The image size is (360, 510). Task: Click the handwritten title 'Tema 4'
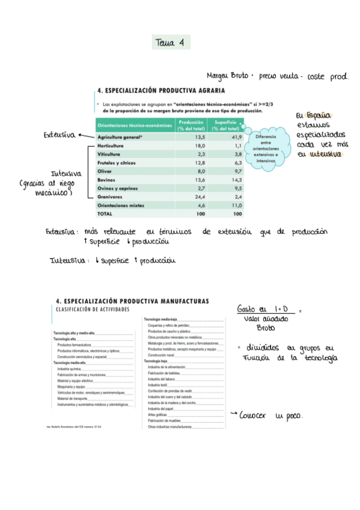tap(172, 43)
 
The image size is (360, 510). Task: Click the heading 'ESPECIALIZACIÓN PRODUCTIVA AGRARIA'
tap(161, 91)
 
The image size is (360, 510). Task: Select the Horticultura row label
tap(111, 146)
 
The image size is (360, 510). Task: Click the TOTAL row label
tap(105, 214)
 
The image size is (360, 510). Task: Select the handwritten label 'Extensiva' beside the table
tap(59, 135)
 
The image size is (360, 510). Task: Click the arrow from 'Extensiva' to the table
tap(84, 136)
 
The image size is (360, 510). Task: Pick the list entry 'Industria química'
tap(73, 369)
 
